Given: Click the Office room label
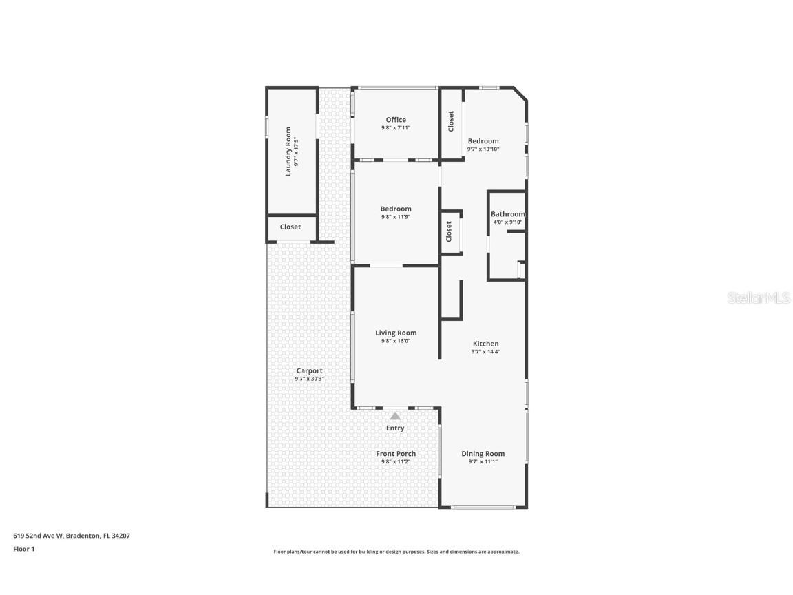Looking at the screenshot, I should pos(396,120).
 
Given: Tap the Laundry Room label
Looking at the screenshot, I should pos(288,151).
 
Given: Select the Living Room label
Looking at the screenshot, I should pos(396,333).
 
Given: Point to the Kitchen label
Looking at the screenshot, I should pos(485,344).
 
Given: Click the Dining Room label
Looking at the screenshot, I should pos(483,453).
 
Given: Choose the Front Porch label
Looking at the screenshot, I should pos(396,453).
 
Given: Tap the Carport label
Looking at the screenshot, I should pos(310,370).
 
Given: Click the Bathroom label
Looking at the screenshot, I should pos(507,214).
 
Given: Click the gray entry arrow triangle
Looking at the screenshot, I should pos(395,416).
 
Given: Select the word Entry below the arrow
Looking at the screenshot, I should pos(395,428).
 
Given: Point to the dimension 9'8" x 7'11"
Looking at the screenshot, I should pos(396,128).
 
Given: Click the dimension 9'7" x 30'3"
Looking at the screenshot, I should pos(310,379).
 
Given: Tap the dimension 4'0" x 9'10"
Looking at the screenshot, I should pos(507,222).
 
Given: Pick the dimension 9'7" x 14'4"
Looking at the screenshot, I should pos(485,352).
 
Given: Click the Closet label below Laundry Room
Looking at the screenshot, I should pos(290,227).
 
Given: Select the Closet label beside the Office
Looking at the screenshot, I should pos(451,121).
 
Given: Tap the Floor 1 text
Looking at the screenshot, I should pos(24,549).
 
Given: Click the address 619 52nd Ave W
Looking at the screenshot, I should pos(39,535).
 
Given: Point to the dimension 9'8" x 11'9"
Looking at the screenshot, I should pos(396,217).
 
